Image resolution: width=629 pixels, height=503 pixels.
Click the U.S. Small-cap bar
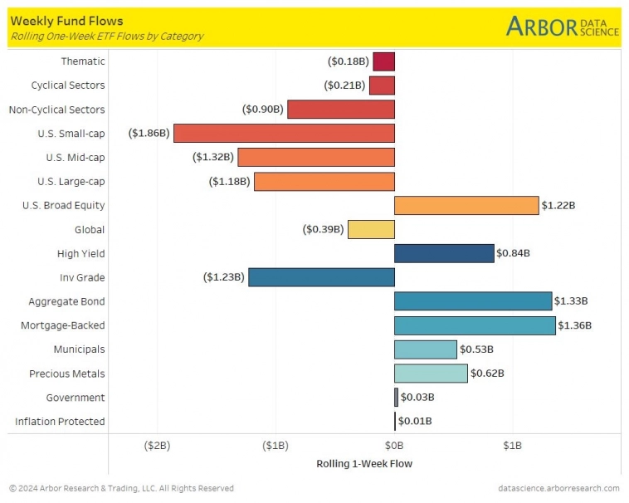click(284, 133)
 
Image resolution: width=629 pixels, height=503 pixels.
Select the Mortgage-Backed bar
click(475, 325)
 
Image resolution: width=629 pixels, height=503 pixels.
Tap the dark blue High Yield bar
click(444, 253)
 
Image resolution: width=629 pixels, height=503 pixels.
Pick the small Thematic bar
click(383, 61)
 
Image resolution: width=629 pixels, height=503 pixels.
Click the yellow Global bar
click(371, 229)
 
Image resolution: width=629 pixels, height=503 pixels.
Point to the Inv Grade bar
click(321, 277)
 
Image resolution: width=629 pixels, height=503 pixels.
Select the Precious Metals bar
click(431, 374)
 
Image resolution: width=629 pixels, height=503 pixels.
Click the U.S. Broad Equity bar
click(466, 205)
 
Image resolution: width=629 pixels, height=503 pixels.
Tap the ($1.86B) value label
click(149, 133)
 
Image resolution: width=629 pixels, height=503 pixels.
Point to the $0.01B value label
click(415, 422)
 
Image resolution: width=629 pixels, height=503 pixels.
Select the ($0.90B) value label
click(263, 110)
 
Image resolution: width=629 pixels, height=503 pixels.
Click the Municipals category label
click(79, 349)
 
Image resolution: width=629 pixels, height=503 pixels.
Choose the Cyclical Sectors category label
click(68, 85)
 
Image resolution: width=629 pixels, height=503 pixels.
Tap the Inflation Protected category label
click(60, 422)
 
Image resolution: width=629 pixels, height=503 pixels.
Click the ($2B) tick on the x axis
click(157, 446)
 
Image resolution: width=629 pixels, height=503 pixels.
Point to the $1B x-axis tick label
click(512, 446)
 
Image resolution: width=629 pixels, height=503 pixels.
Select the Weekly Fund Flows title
click(66, 21)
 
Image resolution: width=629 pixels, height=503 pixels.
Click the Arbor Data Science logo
click(562, 26)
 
